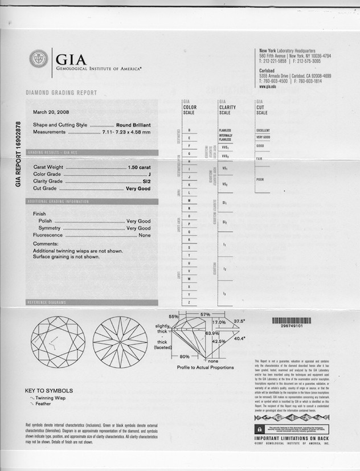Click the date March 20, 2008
pyautogui.click(x=52, y=111)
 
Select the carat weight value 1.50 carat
pyautogui.click(x=140, y=167)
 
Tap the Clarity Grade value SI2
pyautogui.click(x=146, y=181)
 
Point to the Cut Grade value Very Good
pyautogui.click(x=138, y=188)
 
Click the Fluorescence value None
pyautogui.click(x=145, y=235)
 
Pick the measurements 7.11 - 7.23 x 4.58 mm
pyautogui.click(x=126, y=132)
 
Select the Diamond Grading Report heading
pyautogui.click(x=62, y=93)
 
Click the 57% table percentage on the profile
pyautogui.click(x=206, y=314)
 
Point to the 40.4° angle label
pyautogui.click(x=239, y=338)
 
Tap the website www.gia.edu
pyautogui.click(x=267, y=86)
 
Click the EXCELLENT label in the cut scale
pyautogui.click(x=263, y=130)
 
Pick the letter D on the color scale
pyautogui.click(x=189, y=131)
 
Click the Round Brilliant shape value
pyautogui.click(x=133, y=125)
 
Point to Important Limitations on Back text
pyautogui.click(x=291, y=439)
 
